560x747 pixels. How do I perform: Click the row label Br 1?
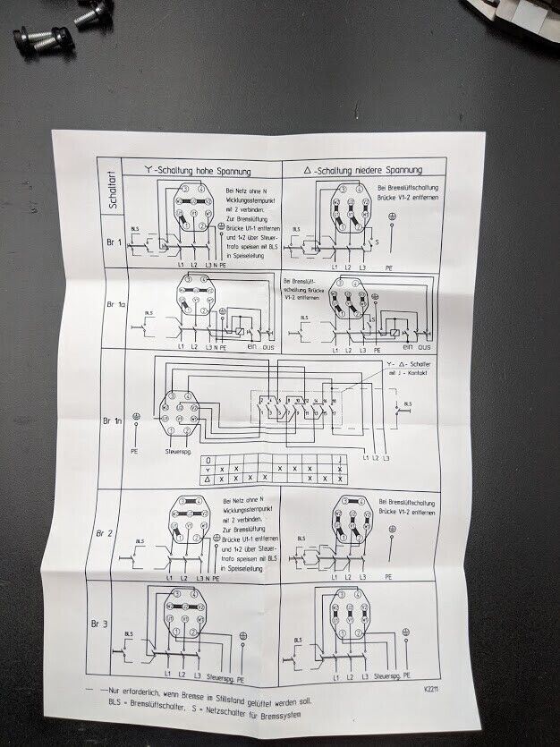tap(112, 243)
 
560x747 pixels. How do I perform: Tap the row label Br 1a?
tap(116, 306)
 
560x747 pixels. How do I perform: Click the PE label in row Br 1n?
tap(134, 453)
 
